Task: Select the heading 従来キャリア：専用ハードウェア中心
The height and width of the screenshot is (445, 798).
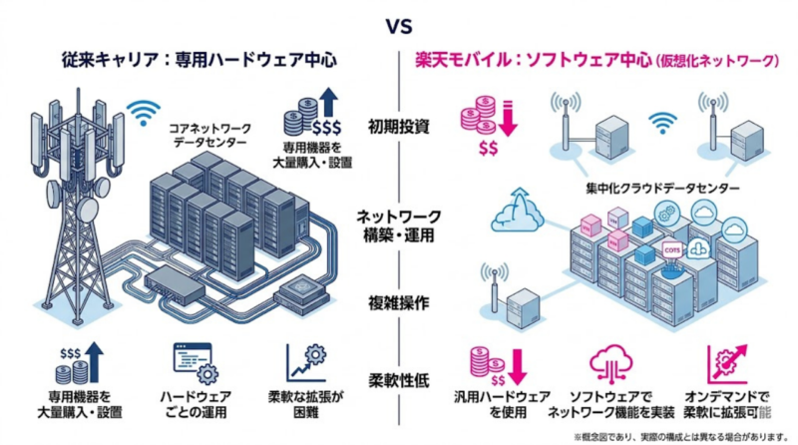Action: coord(196,60)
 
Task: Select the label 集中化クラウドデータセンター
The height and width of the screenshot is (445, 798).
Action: coord(662,188)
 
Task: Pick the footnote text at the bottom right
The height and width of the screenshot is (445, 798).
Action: coord(681,436)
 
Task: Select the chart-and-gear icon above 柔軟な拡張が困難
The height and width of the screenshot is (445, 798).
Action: coord(310,363)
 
